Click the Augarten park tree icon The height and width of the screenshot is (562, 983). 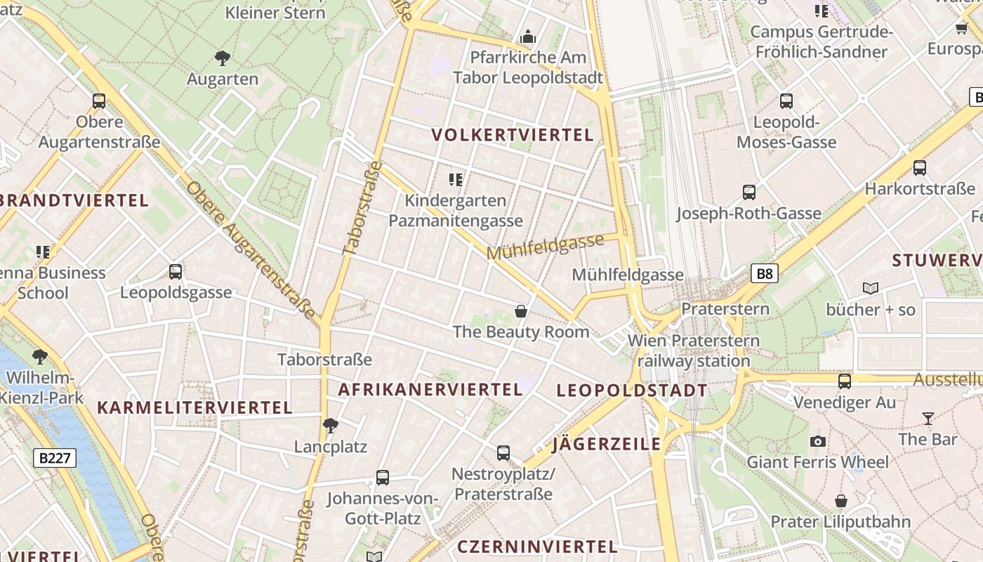tap(223, 58)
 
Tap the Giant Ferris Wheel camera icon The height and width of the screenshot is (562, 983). tap(817, 441)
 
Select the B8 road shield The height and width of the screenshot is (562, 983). tap(765, 273)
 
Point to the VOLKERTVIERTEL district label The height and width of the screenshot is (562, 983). tap(513, 135)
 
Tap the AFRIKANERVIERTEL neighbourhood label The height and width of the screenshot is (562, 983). tap(430, 389)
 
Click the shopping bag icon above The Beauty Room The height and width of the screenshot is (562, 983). tap(521, 311)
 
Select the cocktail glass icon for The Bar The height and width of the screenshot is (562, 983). tap(928, 419)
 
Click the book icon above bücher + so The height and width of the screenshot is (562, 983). tap(871, 288)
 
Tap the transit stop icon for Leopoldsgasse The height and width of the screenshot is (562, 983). tap(176, 271)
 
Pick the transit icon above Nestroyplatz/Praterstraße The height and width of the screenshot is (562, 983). tap(503, 453)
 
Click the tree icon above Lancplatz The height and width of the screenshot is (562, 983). tap(330, 425)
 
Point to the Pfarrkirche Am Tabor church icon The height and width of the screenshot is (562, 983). tap(528, 36)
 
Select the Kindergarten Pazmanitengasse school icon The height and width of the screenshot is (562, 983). tap(456, 180)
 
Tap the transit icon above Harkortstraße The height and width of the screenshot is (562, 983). tap(919, 168)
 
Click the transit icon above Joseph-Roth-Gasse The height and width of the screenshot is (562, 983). tap(749, 192)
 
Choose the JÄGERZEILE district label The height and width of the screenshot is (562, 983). tap(607, 444)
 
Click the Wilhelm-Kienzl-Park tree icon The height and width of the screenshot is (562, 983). tap(40, 357)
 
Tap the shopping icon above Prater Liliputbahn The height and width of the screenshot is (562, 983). tap(840, 501)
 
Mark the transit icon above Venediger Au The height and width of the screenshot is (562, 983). tap(844, 381)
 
